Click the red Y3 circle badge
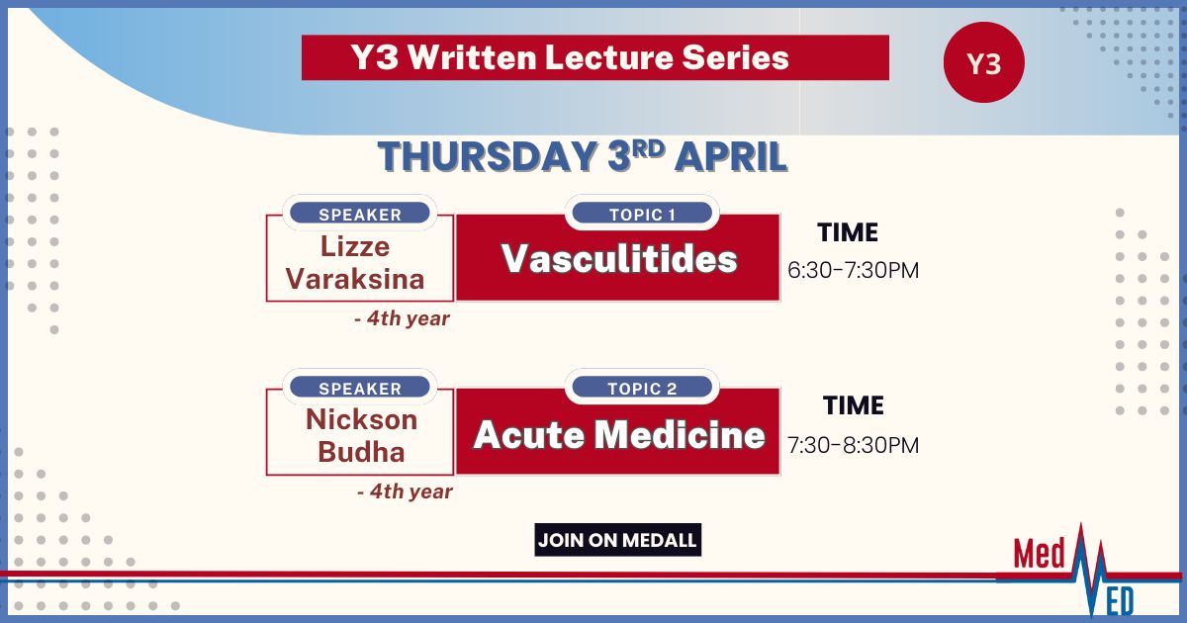pyautogui.click(x=984, y=62)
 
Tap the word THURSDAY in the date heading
pyautogui.click(x=488, y=157)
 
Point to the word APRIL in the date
pyautogui.click(x=731, y=157)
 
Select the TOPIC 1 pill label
pyautogui.click(x=642, y=214)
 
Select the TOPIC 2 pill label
pyautogui.click(x=642, y=388)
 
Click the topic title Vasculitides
pyautogui.click(x=619, y=258)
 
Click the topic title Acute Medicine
pyautogui.click(x=619, y=434)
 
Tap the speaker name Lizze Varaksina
pyautogui.click(x=355, y=263)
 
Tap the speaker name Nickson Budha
pyautogui.click(x=361, y=436)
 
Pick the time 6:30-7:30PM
pyautogui.click(x=853, y=270)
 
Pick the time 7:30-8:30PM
pyautogui.click(x=853, y=445)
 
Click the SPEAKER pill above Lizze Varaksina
pyautogui.click(x=360, y=214)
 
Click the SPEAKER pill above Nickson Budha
pyautogui.click(x=360, y=388)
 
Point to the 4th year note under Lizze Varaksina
pyautogui.click(x=403, y=317)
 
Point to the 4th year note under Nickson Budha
pyautogui.click(x=406, y=491)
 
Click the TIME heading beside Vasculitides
pyautogui.click(x=848, y=232)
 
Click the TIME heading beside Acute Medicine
pyautogui.click(x=853, y=405)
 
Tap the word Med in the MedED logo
pyautogui.click(x=1039, y=554)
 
